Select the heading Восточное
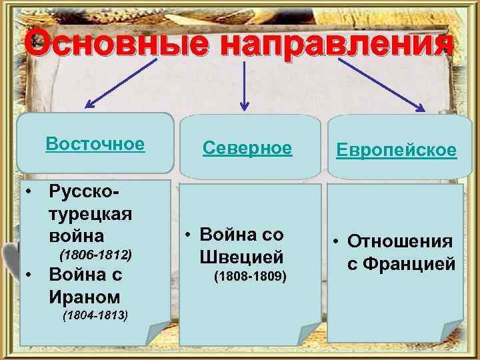(95, 144)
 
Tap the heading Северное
(247, 148)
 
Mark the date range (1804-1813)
(95, 315)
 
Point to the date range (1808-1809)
(249, 275)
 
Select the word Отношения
(400, 241)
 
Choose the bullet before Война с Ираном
(29, 274)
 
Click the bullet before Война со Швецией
(189, 235)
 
